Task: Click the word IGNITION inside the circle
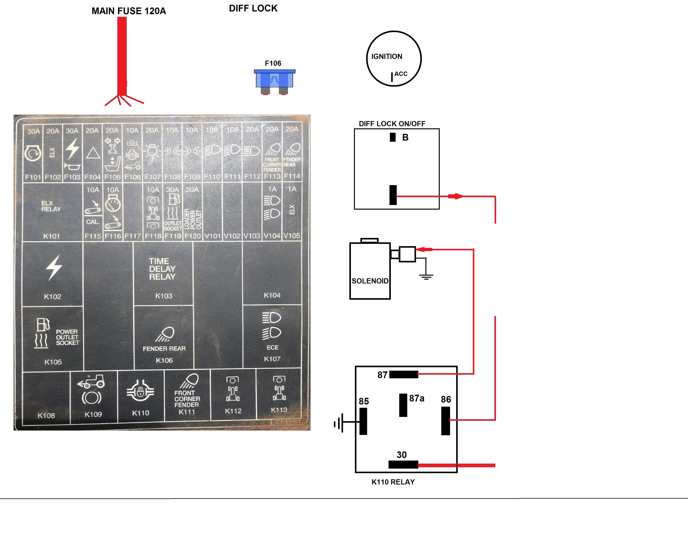[386, 57]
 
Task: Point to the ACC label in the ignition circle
[401, 74]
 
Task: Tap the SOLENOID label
[370, 281]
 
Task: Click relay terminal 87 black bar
[403, 374]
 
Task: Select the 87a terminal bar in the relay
[403, 405]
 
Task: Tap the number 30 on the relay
[402, 455]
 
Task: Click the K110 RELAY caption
[393, 482]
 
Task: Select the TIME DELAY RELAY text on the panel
[162, 269]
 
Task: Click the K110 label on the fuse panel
[140, 413]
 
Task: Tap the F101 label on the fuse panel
[33, 177]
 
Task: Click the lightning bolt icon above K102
[54, 268]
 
